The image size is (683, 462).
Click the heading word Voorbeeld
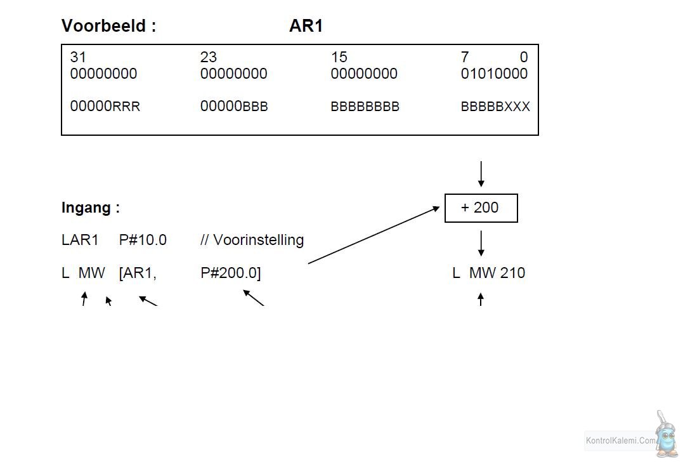(x=103, y=26)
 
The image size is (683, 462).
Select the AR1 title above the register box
(x=306, y=26)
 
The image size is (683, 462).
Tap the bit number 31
(x=78, y=56)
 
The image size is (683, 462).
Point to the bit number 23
(x=208, y=56)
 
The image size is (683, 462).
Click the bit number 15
(x=339, y=56)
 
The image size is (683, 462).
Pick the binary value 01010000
(x=494, y=73)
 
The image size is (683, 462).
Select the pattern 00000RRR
(x=105, y=106)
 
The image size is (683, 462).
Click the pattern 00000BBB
(x=234, y=106)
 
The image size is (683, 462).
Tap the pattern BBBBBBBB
(x=365, y=106)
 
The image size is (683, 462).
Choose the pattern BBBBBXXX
(x=495, y=106)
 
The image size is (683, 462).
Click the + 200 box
(x=481, y=208)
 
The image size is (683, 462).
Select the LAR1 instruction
(x=80, y=240)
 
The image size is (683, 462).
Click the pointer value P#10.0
(x=143, y=240)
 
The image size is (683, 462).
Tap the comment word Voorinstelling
(x=258, y=240)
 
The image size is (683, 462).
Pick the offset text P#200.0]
(x=230, y=273)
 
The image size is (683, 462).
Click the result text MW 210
(x=497, y=273)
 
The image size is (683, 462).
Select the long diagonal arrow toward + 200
(x=374, y=235)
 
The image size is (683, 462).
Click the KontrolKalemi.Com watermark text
(x=620, y=440)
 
